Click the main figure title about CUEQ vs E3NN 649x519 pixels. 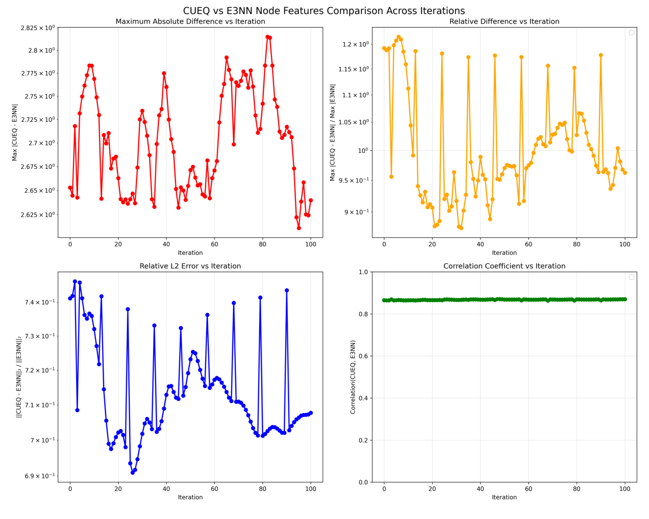click(324, 11)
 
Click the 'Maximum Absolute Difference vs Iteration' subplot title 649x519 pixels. click(190, 22)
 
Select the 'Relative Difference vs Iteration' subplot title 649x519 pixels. click(504, 22)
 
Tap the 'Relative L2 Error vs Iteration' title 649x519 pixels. click(190, 266)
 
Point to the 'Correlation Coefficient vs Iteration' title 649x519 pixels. click(504, 266)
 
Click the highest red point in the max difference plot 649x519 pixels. click(267, 37)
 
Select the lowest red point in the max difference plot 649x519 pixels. click(299, 228)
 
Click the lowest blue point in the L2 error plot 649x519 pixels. click(132, 473)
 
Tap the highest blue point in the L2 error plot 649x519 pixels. click(75, 281)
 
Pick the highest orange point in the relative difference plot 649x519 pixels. click(399, 37)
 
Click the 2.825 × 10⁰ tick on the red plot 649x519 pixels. click(38, 28)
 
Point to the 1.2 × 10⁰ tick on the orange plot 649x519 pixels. click(355, 44)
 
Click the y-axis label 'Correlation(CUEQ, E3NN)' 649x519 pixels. click(353, 377)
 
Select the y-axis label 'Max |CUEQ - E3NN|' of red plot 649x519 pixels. click(15, 132)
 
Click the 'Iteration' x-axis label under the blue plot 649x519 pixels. click(190, 497)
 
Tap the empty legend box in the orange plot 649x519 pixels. click(631, 33)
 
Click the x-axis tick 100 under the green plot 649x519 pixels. click(625, 489)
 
